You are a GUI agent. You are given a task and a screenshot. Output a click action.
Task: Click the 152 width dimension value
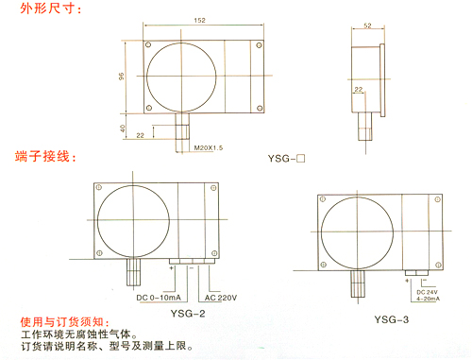199,20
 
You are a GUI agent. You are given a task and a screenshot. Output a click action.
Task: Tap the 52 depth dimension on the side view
367,26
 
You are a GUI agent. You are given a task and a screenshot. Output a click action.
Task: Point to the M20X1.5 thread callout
209,147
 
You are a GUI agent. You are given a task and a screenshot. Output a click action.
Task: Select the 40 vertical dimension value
123,129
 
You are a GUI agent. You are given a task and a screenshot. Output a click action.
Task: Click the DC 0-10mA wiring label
159,298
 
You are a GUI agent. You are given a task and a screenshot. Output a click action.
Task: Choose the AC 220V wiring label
221,298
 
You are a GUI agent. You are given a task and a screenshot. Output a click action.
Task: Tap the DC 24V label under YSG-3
427,292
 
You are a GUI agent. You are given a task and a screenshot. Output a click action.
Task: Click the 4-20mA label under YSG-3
429,299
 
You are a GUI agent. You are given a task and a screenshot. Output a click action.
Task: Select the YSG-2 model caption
188,314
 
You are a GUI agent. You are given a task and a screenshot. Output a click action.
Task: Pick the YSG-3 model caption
392,319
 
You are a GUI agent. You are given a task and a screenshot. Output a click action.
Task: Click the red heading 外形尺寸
50,9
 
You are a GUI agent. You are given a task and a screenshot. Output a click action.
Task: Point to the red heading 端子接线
45,156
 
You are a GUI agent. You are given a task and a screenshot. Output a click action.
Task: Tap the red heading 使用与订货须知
65,322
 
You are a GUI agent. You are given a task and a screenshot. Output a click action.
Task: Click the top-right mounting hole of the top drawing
259,45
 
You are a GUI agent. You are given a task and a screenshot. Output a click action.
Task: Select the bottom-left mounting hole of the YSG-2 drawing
99,253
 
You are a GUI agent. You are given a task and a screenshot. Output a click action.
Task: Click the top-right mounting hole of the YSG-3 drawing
437,199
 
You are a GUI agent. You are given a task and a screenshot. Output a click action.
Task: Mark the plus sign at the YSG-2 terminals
172,268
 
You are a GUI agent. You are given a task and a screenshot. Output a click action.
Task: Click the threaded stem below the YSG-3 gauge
358,283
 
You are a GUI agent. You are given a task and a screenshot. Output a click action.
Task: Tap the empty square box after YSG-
301,158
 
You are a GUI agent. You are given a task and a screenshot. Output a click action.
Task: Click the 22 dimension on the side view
359,90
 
